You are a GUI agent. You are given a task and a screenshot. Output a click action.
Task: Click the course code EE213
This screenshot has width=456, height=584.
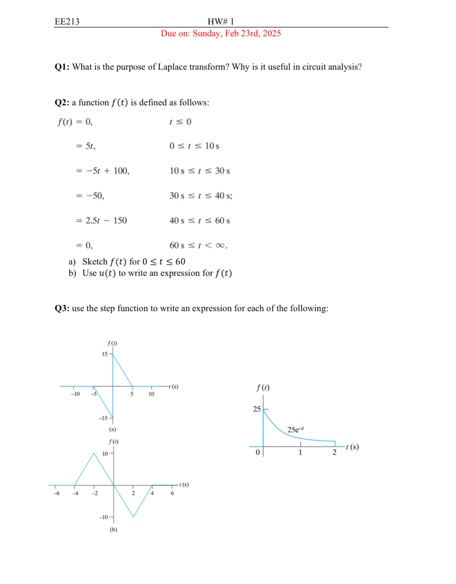[67, 21]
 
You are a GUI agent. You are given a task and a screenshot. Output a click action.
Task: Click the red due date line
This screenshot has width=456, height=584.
[221, 33]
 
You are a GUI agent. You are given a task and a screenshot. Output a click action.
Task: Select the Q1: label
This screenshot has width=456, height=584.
[62, 67]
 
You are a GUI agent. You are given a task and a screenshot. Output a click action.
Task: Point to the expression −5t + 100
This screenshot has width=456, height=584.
[107, 171]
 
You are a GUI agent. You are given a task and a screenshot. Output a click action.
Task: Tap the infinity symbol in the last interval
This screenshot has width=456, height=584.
[220, 246]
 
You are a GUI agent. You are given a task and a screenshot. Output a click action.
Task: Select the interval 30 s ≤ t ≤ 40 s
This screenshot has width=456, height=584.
[200, 196]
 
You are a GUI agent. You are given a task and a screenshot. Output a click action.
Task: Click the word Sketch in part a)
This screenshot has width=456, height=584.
[95, 262]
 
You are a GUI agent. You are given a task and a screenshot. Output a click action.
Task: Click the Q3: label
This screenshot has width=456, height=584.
[62, 308]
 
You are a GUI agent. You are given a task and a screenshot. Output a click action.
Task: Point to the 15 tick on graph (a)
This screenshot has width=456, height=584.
[105, 354]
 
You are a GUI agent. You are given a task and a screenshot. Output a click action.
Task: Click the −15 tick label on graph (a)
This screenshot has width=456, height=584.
[103, 418]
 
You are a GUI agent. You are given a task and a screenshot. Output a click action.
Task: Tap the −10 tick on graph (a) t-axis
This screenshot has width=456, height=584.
[75, 394]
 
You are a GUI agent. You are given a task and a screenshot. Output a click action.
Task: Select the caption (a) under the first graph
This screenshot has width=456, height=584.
[112, 429]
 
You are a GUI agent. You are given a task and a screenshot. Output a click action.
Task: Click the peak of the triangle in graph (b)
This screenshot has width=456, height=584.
[94, 454]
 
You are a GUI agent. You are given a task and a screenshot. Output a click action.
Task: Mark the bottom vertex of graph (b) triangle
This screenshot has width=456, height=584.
[133, 517]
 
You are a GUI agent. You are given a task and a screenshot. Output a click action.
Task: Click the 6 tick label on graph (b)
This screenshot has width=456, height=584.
[172, 493]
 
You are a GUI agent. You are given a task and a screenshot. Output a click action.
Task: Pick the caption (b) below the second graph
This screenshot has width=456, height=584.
[113, 530]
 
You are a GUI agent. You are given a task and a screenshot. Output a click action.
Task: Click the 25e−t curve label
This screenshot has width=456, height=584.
[295, 429]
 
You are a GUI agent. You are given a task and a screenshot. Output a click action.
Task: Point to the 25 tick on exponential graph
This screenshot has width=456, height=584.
[257, 409]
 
